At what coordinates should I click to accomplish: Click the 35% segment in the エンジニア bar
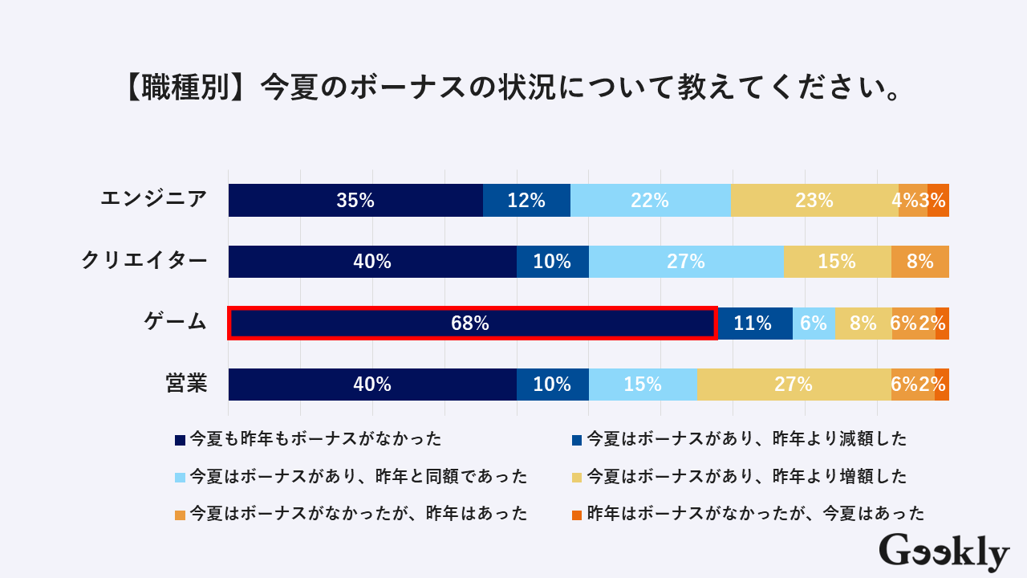click(355, 201)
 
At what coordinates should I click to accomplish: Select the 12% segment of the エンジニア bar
click(526, 201)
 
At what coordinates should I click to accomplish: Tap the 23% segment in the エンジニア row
click(814, 201)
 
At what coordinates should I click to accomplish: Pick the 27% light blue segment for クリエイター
click(686, 262)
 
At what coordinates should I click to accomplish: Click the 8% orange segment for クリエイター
click(919, 262)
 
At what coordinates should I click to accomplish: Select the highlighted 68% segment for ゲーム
click(472, 324)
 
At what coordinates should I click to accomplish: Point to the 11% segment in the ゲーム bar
click(754, 324)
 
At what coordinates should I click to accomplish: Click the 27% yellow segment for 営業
click(794, 385)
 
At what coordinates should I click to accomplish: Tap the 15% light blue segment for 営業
click(643, 385)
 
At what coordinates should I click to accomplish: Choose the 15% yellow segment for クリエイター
click(837, 262)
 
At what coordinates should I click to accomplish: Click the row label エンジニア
click(154, 199)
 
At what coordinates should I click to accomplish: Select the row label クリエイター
click(144, 261)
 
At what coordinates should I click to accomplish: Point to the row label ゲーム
click(175, 323)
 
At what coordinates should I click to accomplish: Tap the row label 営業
click(186, 384)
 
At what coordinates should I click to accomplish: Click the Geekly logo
click(944, 552)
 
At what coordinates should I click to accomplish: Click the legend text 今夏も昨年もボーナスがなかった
click(315, 439)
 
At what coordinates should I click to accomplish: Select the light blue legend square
click(180, 477)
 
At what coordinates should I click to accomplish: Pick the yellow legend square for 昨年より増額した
click(576, 477)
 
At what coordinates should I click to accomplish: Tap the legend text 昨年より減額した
click(747, 439)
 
